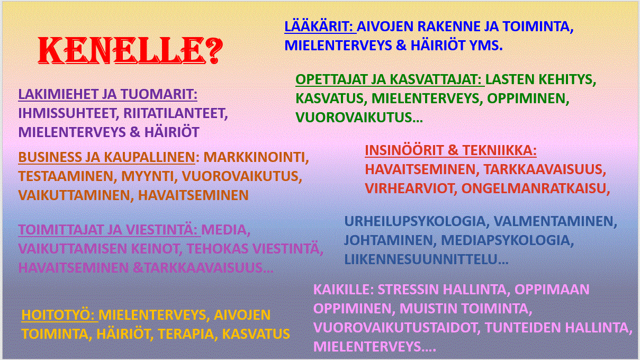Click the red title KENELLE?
pyautogui.click(x=130, y=51)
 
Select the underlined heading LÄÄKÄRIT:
pyautogui.click(x=320, y=26)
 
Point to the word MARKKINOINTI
pyautogui.click(x=256, y=157)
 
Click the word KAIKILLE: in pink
pyautogui.click(x=344, y=290)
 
